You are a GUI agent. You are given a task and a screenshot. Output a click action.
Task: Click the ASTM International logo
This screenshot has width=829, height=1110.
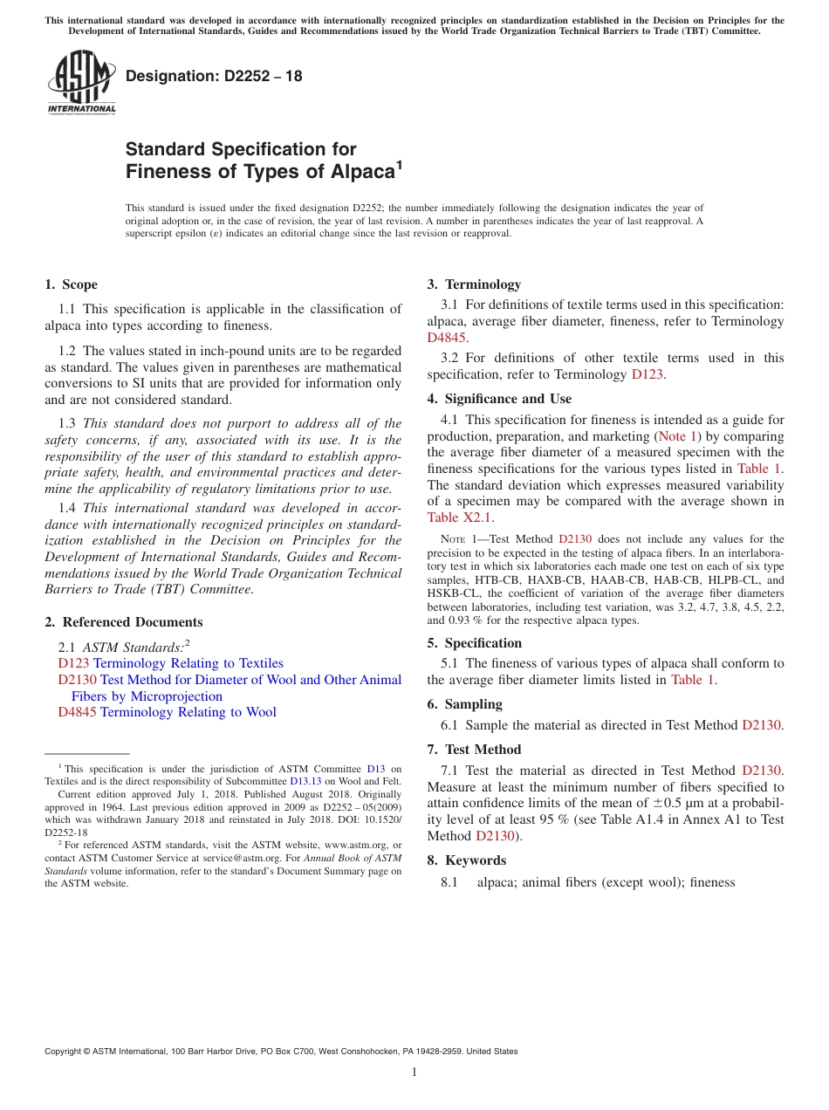click(x=81, y=82)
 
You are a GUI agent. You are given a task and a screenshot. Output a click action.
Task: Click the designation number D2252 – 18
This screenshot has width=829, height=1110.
click(x=214, y=76)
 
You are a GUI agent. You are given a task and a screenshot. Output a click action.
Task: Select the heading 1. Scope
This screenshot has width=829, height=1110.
click(x=72, y=284)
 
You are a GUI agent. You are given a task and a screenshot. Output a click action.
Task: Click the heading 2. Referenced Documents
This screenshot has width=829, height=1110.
click(x=123, y=622)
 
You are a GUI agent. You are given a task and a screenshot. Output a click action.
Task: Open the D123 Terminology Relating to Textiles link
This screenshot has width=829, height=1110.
click(x=170, y=663)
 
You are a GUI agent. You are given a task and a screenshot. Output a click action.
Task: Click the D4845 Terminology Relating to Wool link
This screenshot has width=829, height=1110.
click(x=167, y=712)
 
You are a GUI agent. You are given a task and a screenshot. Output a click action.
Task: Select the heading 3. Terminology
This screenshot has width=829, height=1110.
click(x=474, y=284)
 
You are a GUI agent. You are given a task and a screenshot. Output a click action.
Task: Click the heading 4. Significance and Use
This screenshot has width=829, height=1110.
click(x=499, y=399)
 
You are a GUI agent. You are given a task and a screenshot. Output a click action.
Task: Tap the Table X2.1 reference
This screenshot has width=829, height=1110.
click(x=459, y=517)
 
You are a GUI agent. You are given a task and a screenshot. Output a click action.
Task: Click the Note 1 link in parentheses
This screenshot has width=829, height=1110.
click(x=677, y=435)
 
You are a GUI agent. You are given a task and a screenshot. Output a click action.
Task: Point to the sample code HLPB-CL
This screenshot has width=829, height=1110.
click(x=730, y=579)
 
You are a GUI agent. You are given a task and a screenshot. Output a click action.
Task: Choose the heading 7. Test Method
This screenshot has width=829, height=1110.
click(x=474, y=750)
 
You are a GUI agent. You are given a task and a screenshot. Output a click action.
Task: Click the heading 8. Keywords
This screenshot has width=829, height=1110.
click(x=466, y=860)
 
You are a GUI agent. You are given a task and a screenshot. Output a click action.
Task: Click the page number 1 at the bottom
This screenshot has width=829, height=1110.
click(x=414, y=1072)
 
